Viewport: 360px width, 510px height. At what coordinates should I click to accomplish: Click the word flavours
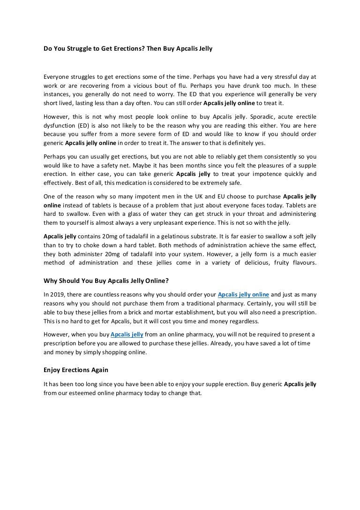pyautogui.click(x=303, y=263)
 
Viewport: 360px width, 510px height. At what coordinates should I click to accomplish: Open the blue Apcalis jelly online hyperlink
pyautogui.click(x=244, y=295)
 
